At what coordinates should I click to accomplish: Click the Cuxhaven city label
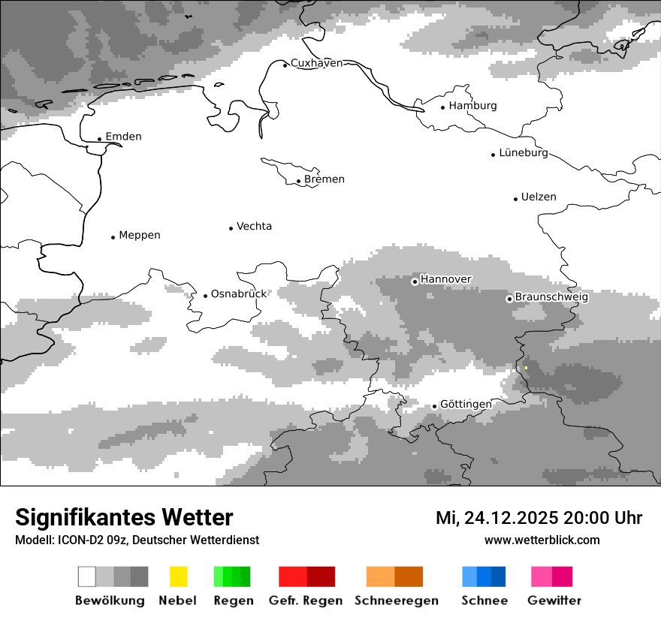pos(316,63)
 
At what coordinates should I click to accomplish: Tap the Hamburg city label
pos(472,106)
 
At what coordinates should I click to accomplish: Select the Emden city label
pos(123,137)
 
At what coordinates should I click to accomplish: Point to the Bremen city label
pos(324,179)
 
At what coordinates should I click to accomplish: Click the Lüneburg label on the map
pos(524,153)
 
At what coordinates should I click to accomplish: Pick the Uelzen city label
pos(539,197)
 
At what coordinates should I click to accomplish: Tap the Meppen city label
pos(140,235)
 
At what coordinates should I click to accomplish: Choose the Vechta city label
pos(254,226)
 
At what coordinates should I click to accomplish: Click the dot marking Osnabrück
pos(205,296)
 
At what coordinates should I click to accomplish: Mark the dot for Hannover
pos(415,281)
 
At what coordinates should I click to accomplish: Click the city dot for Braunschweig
pos(509,299)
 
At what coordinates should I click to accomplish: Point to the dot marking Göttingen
pos(434,406)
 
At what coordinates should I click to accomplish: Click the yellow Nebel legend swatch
pos(178,576)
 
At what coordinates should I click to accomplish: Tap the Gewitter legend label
pos(554,600)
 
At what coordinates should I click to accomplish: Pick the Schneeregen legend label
pos(397,600)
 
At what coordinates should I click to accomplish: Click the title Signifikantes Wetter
pos(124,518)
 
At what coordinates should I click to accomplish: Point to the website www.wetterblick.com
pos(542,540)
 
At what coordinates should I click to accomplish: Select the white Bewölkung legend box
pos(87,576)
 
